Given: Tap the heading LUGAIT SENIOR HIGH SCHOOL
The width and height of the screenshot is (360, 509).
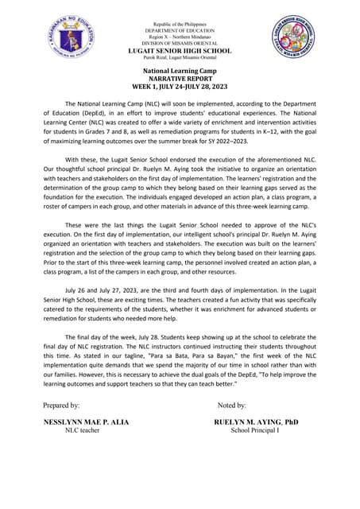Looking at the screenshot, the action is (180, 51).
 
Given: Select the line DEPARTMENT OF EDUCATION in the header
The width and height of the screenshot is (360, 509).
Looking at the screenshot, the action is (180, 30).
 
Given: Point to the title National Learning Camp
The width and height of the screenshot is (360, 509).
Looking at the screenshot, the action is (180, 72).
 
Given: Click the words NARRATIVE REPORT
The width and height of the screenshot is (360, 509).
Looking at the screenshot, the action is (180, 79).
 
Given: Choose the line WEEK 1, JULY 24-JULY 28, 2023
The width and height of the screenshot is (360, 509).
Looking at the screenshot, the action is (180, 87).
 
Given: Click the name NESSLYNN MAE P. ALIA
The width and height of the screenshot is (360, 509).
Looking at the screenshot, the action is (86, 422).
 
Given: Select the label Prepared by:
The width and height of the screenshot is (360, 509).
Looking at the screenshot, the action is (61, 405).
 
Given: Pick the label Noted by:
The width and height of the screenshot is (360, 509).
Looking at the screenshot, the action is (231, 405).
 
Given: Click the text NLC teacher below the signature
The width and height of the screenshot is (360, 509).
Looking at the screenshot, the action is (82, 430).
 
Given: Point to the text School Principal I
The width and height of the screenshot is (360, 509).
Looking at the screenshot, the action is (254, 430).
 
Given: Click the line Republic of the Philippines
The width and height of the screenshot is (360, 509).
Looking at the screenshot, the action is (180, 24).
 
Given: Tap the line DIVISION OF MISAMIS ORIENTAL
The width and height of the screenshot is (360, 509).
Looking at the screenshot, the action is (180, 43).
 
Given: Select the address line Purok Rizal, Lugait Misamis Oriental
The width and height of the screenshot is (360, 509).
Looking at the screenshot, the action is (180, 58).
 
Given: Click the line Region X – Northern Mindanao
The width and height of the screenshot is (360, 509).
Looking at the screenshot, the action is (180, 37).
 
